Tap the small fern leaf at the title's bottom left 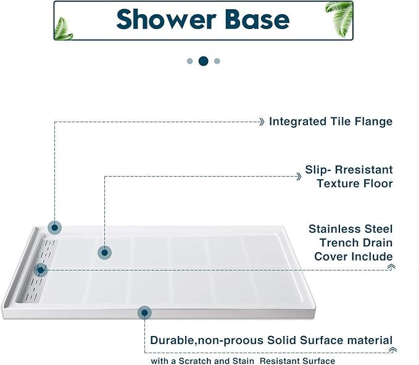tap(64, 28)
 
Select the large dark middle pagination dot tap(203, 61)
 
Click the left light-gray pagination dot tap(189, 61)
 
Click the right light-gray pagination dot tap(217, 61)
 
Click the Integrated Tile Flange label tap(330, 122)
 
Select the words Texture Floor tap(354, 183)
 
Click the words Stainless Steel tap(351, 229)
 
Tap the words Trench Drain tap(354, 243)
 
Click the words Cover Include tap(353, 256)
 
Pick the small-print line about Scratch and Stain tap(243, 361)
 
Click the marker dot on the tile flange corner tap(55, 227)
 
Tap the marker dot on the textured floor tap(105, 252)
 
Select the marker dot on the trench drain tap(41, 270)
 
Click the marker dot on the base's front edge tap(144, 313)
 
